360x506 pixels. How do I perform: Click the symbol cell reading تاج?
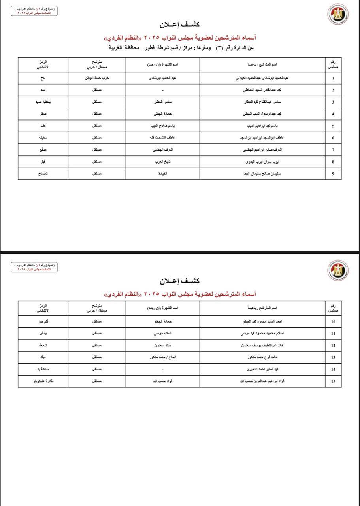coord(43,78)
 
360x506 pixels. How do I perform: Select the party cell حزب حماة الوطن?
coord(97,78)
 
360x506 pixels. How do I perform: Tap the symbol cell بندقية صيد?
coord(43,102)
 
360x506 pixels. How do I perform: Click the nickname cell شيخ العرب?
coord(163,162)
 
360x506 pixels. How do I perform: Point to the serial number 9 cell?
coord(333,174)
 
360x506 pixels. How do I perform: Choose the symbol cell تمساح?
coord(43,174)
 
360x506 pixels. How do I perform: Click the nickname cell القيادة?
coord(163,174)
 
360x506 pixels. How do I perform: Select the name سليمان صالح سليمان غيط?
coord(262,174)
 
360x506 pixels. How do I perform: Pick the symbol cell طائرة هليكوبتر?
coord(43,381)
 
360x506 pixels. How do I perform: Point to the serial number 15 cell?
coord(333,381)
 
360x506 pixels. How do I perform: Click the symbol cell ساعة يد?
coord(43,369)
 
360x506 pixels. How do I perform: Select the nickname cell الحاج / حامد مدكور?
coord(163,357)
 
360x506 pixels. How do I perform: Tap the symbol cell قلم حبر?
coord(43,322)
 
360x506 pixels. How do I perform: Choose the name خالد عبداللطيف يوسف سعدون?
coord(262,346)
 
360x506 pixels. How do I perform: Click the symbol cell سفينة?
coord(43,138)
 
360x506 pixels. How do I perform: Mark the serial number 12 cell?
coord(333,346)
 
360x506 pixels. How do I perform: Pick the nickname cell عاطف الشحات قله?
coord(163,138)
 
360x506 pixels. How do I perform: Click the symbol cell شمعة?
coord(43,346)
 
